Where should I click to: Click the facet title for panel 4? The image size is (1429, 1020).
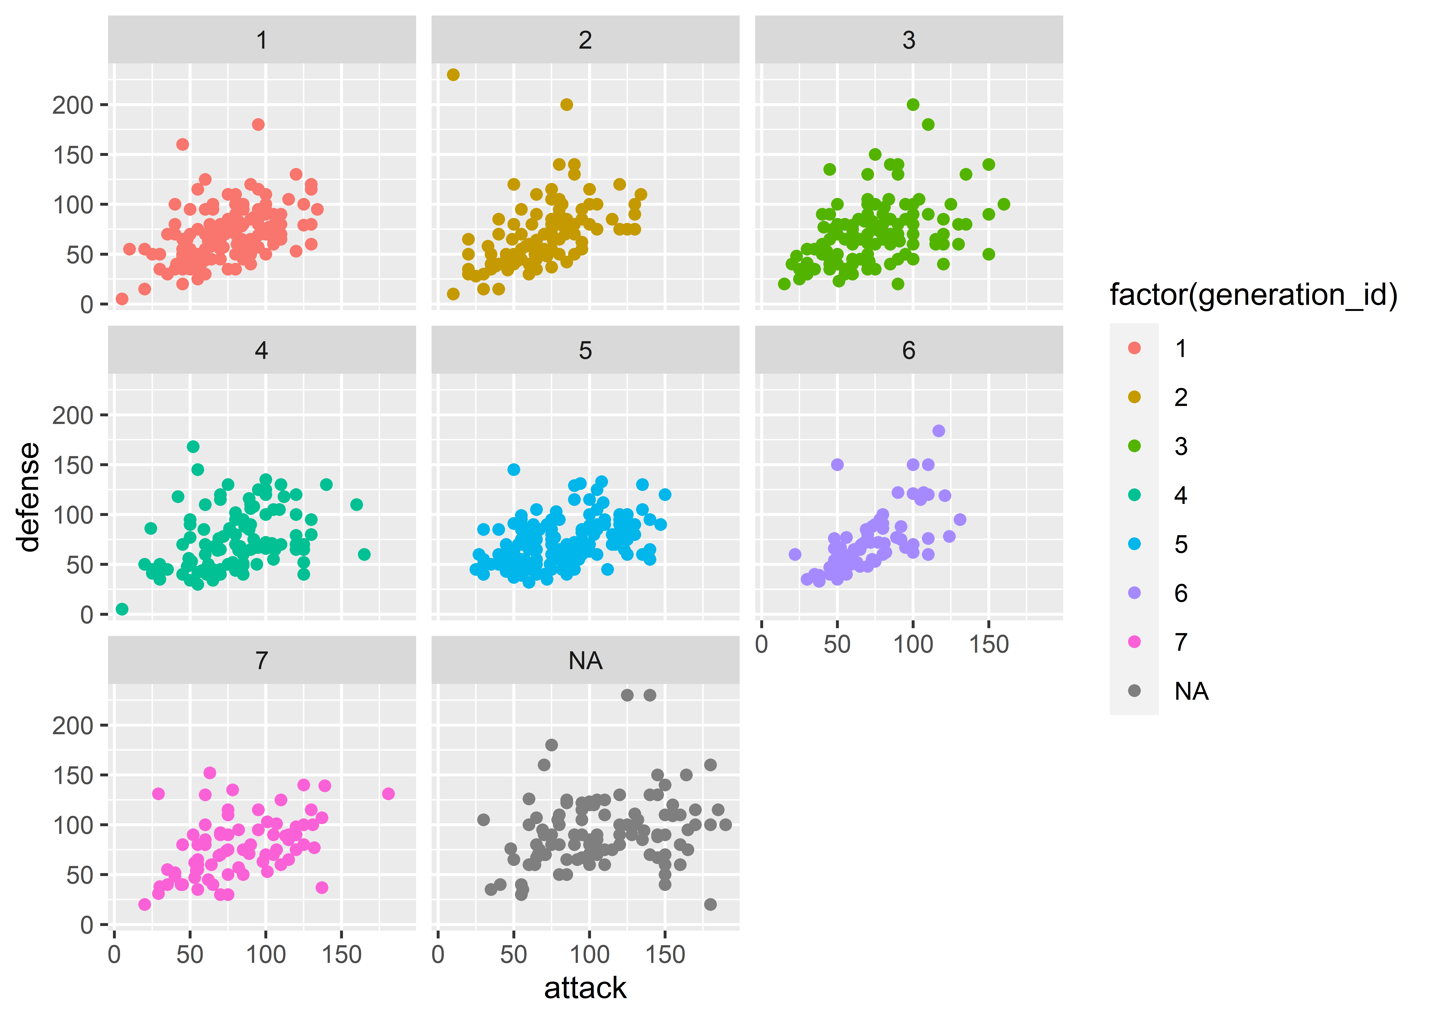click(261, 351)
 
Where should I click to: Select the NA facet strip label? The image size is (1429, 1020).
click(585, 661)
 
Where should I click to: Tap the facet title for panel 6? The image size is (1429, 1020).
click(909, 351)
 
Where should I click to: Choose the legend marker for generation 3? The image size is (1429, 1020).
click(1134, 446)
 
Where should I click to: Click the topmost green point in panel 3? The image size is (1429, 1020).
click(913, 104)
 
